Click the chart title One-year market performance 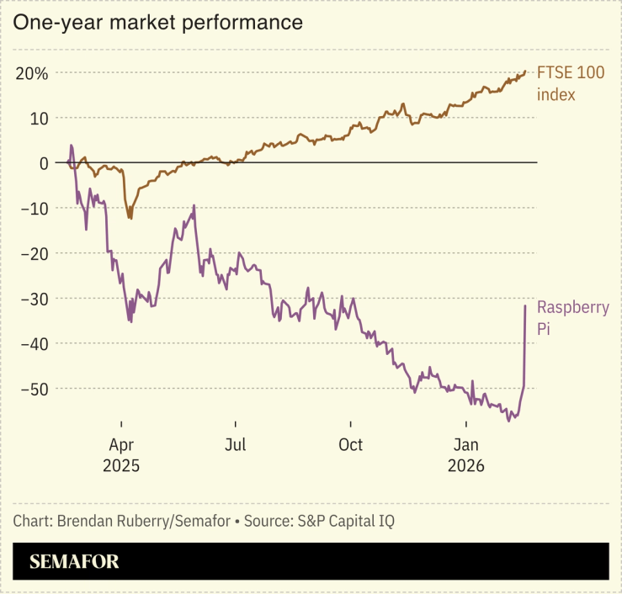157,23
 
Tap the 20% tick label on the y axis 30,73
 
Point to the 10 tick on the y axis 39,118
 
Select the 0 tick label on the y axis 43,163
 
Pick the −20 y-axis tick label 34,253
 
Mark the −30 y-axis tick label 34,299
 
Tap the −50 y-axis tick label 34,389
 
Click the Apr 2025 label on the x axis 121,453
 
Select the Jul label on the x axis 236,444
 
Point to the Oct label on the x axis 350,444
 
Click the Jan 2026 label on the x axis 467,453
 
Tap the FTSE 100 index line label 571,83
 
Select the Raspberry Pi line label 572,318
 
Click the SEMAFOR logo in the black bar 74,561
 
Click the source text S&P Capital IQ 346,521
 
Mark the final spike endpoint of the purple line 525,305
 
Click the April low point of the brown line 130,218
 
